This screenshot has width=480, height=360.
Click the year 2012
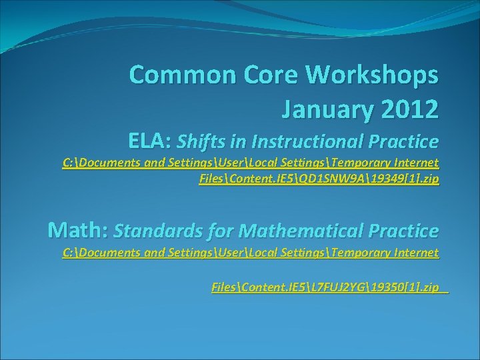[411, 108]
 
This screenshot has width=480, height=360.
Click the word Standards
[151, 231]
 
